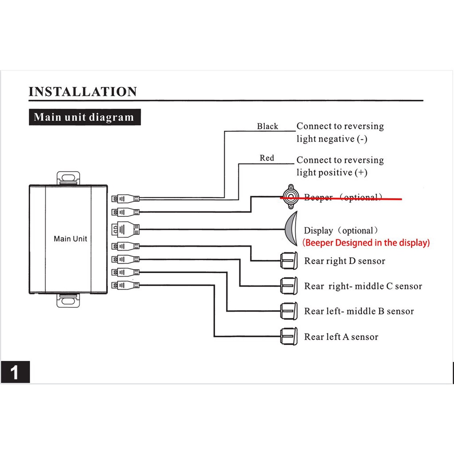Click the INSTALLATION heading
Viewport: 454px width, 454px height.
[83, 92]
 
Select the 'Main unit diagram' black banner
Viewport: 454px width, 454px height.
[84, 117]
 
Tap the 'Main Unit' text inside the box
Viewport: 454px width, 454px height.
[70, 239]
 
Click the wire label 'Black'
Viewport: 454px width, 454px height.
[267, 126]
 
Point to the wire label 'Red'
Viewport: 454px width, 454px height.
[267, 158]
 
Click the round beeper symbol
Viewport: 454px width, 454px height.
[290, 196]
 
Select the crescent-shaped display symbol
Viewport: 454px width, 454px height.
[291, 229]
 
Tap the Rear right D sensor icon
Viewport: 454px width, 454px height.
[289, 260]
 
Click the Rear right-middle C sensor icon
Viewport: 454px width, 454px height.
[289, 286]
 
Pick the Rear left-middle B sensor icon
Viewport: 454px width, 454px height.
[289, 311]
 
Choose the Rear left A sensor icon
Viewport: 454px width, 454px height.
[289, 337]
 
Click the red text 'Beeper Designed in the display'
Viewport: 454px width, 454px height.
[366, 243]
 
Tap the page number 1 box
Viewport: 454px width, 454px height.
[15, 372]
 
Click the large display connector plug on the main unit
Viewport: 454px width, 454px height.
[125, 229]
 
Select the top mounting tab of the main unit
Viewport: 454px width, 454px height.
[69, 177]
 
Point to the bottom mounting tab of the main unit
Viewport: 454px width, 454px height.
[69, 300]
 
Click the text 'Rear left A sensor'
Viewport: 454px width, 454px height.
[341, 337]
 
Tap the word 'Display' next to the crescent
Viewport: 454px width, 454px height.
[318, 231]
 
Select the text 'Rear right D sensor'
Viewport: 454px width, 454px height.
[344, 261]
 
